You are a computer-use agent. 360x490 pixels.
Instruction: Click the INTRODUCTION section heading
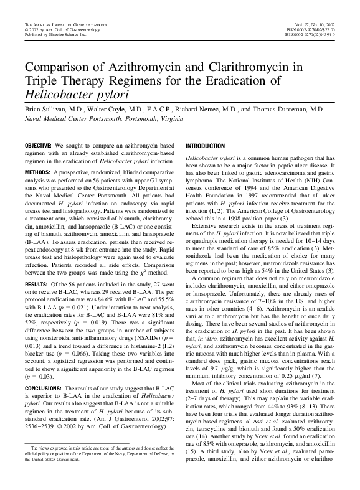point(206,145)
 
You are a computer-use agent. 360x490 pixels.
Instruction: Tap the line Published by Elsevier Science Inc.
point(53,34)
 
